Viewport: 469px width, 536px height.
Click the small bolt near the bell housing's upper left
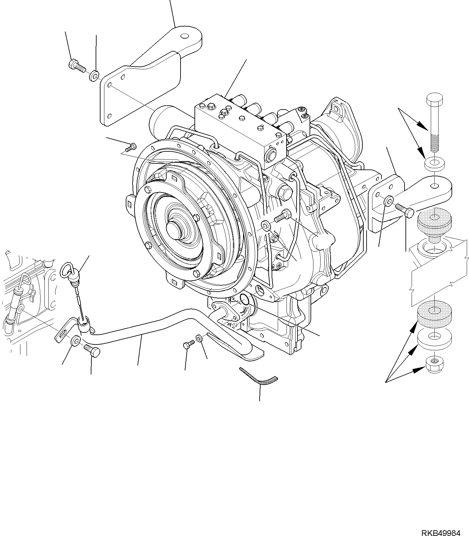click(131, 147)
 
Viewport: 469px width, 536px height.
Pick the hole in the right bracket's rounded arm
click(435, 186)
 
